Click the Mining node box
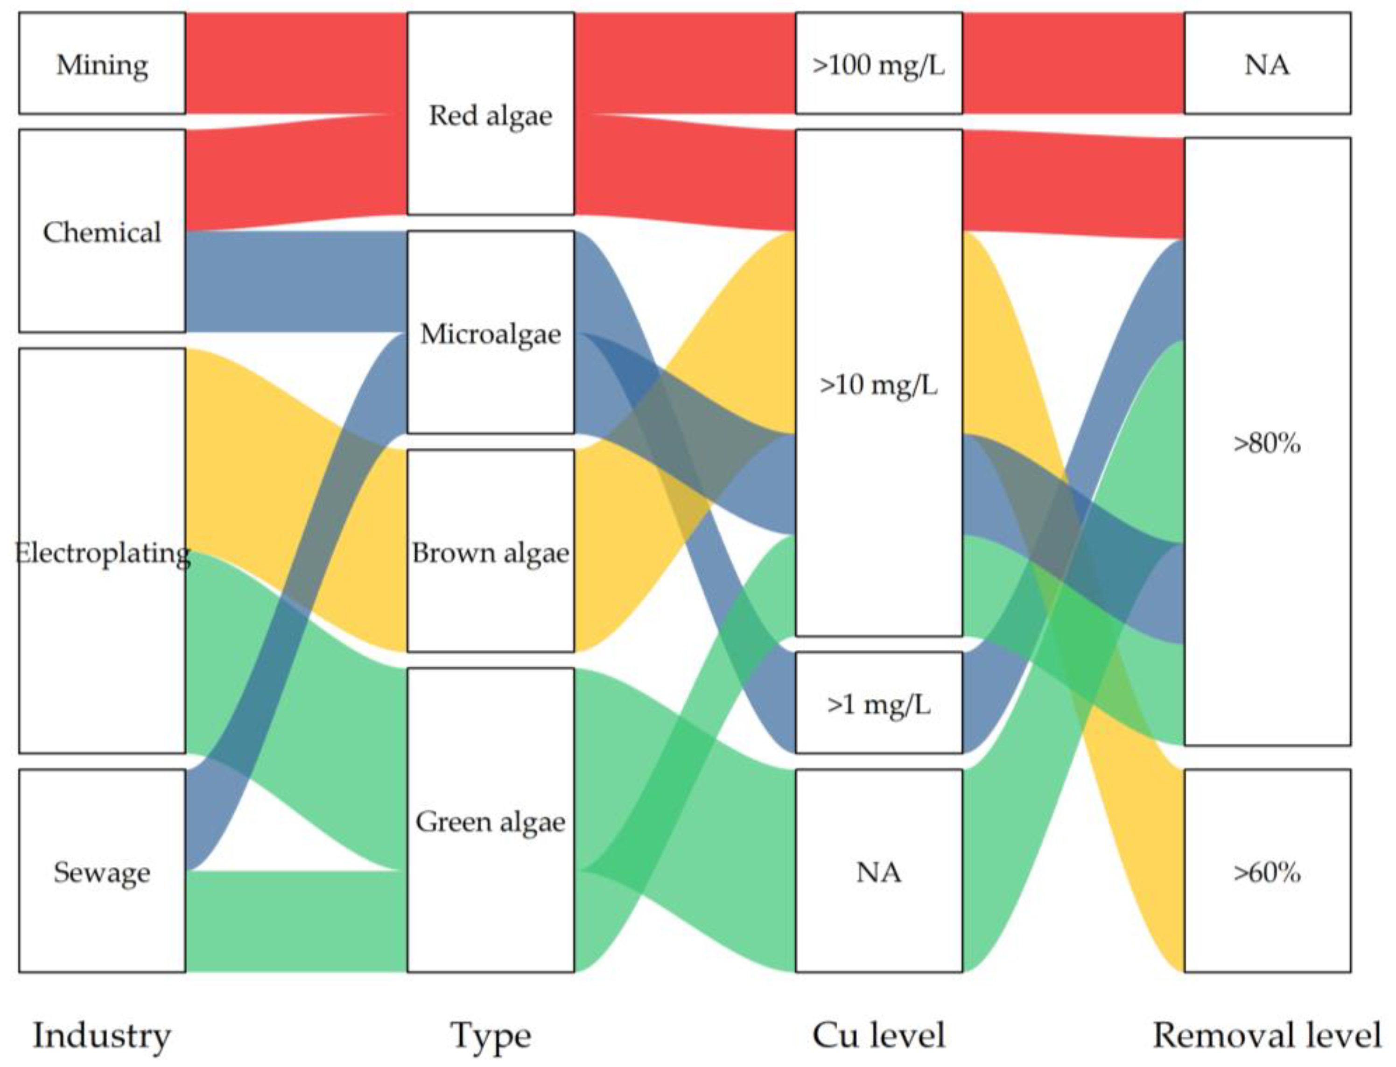click(x=102, y=63)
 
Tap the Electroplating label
click(x=102, y=553)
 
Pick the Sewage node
click(x=102, y=871)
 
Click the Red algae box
click(x=491, y=114)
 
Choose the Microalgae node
click(x=491, y=333)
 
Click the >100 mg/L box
click(x=878, y=63)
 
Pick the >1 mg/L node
click(x=878, y=704)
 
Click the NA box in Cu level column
click(x=878, y=871)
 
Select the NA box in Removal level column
click(x=1267, y=63)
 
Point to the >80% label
click(x=1267, y=443)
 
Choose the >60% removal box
click(x=1267, y=871)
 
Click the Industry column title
click(x=102, y=1035)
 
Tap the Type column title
click(x=491, y=1035)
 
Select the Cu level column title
click(x=878, y=1035)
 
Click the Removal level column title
click(x=1267, y=1035)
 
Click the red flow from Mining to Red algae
click(x=295, y=63)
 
